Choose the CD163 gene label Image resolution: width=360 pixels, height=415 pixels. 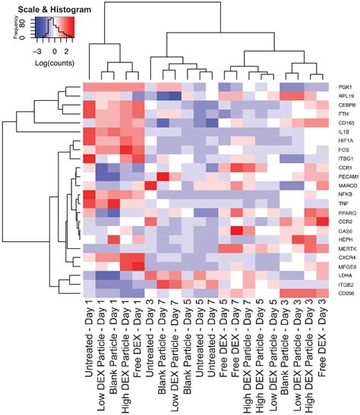coord(339,123)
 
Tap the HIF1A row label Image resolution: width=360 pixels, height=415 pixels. coord(339,140)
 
